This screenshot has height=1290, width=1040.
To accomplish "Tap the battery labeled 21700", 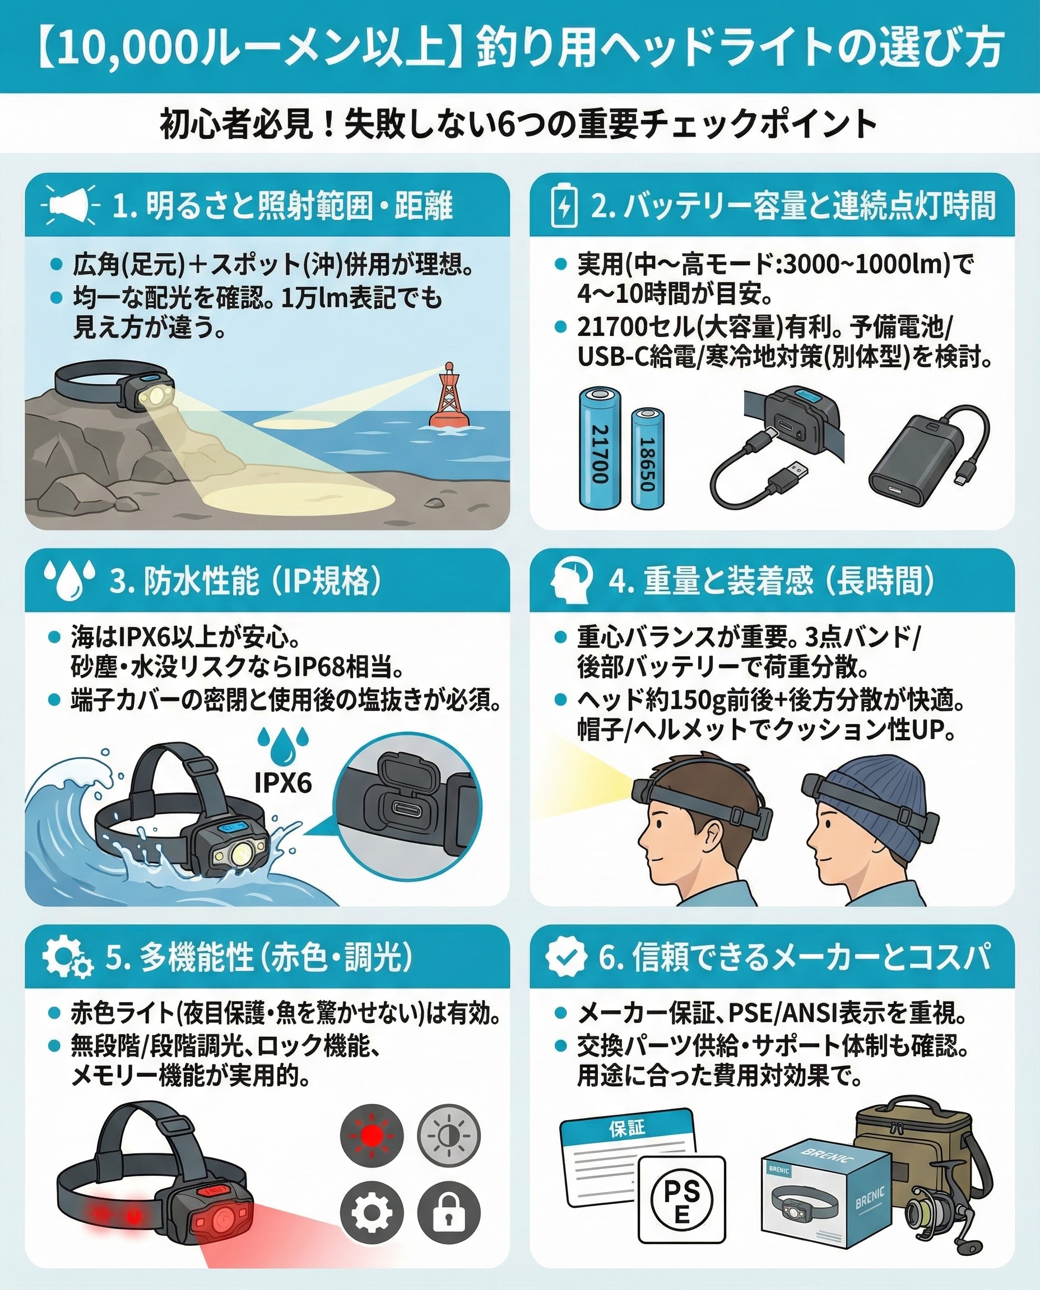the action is [x=599, y=449].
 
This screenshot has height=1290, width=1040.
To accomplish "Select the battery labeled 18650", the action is [x=648, y=459].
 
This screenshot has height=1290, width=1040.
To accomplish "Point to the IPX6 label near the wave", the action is [x=283, y=782].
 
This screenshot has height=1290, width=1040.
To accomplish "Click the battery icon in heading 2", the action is [x=564, y=205].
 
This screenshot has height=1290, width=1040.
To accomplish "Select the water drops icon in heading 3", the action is [x=69, y=579].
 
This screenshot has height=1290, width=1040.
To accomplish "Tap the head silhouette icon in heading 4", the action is [x=571, y=579].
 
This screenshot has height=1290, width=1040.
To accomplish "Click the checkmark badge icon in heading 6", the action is [x=565, y=955].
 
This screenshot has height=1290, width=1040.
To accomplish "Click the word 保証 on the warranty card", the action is [x=626, y=1128].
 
